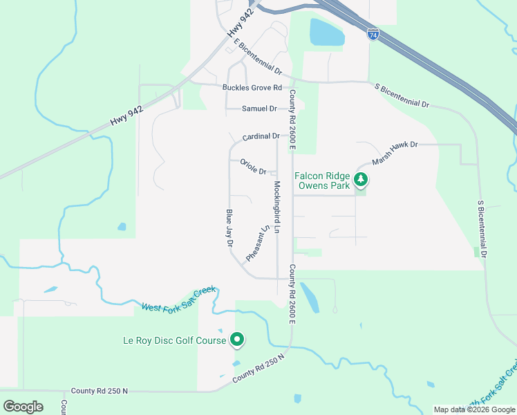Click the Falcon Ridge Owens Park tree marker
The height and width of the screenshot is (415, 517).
coord(360,180)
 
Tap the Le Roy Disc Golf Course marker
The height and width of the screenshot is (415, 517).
coord(237,340)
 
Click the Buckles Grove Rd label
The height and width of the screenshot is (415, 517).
coord(252,88)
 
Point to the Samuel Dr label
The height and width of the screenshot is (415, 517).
coord(259,109)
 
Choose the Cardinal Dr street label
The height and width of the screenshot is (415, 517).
coord(261,136)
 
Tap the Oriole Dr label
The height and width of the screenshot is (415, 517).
coord(253,167)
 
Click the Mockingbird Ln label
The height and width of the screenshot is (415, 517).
coord(277,205)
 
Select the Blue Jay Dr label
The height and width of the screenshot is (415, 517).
coord(229,229)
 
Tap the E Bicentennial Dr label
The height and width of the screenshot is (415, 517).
coord(258,57)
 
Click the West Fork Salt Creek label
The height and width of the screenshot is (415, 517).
coord(180,299)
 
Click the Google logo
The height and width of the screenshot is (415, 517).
coord(23,406)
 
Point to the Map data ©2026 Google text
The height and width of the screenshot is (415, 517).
coord(473,409)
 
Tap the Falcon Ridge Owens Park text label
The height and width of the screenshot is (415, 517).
coord(323,181)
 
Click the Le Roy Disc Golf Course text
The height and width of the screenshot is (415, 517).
coord(174,340)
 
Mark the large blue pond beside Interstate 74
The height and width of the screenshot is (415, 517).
coord(326,33)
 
